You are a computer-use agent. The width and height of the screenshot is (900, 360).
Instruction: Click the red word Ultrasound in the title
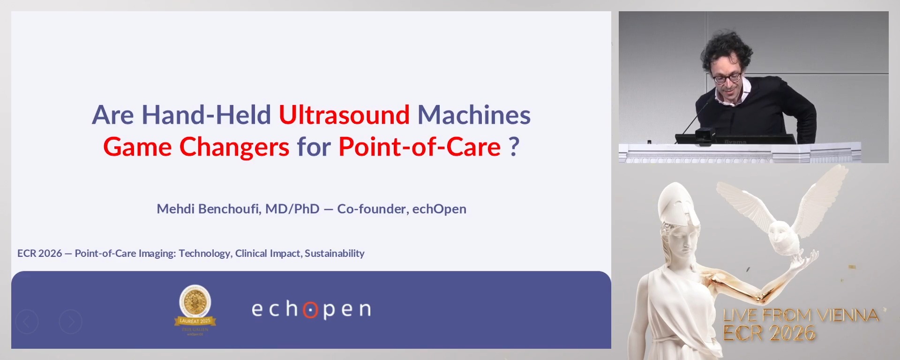(344, 115)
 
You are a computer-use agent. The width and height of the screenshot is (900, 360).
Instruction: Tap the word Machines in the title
(474, 115)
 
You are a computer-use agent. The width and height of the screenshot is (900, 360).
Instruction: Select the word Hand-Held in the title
(206, 115)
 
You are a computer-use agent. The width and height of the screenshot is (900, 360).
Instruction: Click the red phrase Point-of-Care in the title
(420, 147)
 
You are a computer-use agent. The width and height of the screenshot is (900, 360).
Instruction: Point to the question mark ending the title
(514, 147)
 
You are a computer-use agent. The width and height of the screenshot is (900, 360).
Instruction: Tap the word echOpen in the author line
(439, 209)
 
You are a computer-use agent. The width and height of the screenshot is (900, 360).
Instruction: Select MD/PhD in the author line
(292, 209)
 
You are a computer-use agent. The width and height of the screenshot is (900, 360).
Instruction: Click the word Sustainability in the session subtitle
(334, 253)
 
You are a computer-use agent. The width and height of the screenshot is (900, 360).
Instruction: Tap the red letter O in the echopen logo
(310, 310)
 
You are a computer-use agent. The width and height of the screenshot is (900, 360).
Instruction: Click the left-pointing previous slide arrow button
(27, 322)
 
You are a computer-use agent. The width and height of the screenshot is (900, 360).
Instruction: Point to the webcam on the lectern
(704, 134)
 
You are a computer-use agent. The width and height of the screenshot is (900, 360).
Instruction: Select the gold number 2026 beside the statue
(792, 333)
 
